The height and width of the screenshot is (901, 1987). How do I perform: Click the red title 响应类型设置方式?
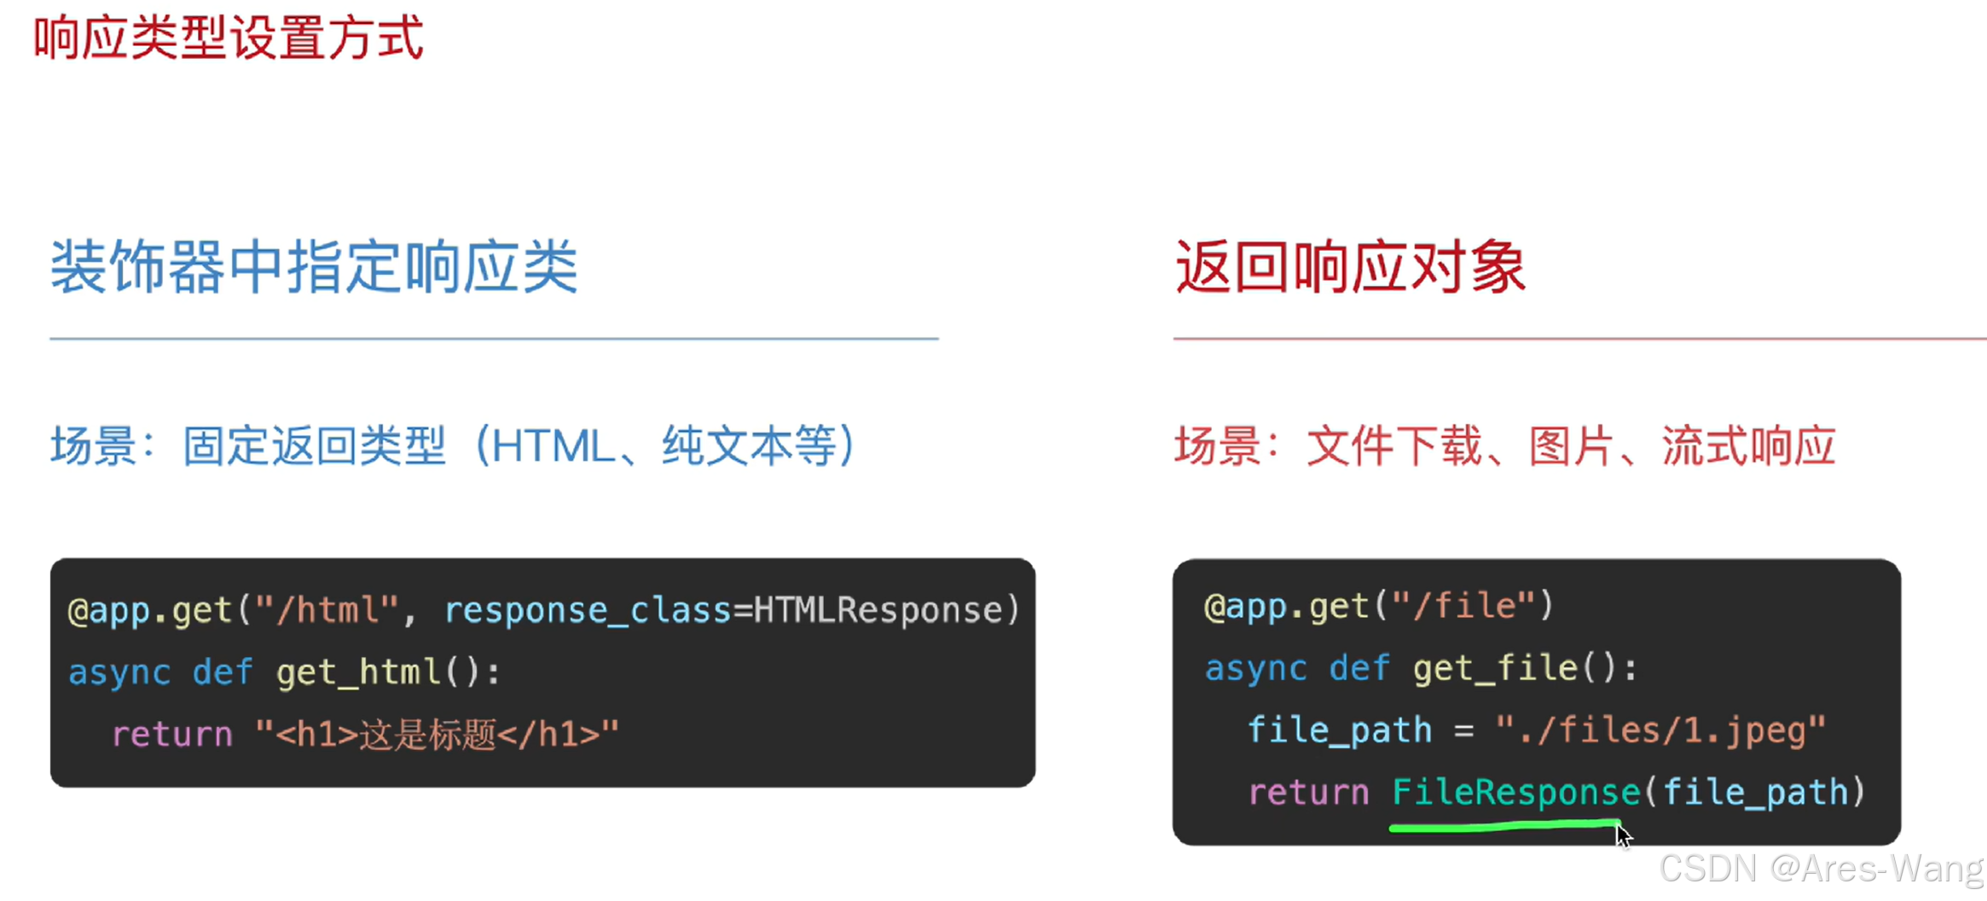coord(228,38)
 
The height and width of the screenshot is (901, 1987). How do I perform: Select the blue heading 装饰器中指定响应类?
coord(314,267)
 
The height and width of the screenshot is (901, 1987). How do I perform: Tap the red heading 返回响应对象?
coord(1350,267)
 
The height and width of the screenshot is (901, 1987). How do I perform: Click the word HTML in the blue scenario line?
coord(552,446)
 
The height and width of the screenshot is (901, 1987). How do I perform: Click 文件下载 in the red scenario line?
coord(1393,446)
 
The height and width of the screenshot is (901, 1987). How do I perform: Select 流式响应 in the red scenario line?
coord(1748,446)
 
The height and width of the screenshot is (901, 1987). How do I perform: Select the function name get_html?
coord(358,672)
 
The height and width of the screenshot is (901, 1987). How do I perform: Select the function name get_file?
coord(1495,669)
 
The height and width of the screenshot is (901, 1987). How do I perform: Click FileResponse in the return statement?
coord(1515,793)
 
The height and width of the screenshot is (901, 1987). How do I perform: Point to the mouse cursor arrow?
coord(1622,834)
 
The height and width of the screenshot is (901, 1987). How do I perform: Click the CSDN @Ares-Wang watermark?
coord(1821,869)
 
